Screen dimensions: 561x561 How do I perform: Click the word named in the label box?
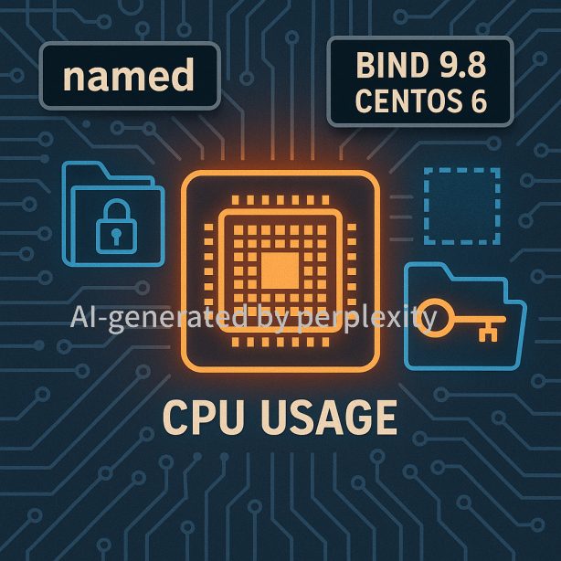pos(129,75)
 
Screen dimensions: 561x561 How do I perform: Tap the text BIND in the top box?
pos(393,65)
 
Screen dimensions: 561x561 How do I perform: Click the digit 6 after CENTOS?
pos(479,101)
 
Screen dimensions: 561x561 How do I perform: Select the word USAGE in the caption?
pos(329,418)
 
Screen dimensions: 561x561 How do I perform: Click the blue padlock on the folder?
pos(116,226)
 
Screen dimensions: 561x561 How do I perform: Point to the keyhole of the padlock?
pos(116,236)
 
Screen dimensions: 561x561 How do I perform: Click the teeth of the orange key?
pos(488,333)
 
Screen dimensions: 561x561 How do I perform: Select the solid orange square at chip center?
pos(280,270)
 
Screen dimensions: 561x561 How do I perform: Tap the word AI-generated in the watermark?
pos(159,318)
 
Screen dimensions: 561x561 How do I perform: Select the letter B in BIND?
pos(365,65)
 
